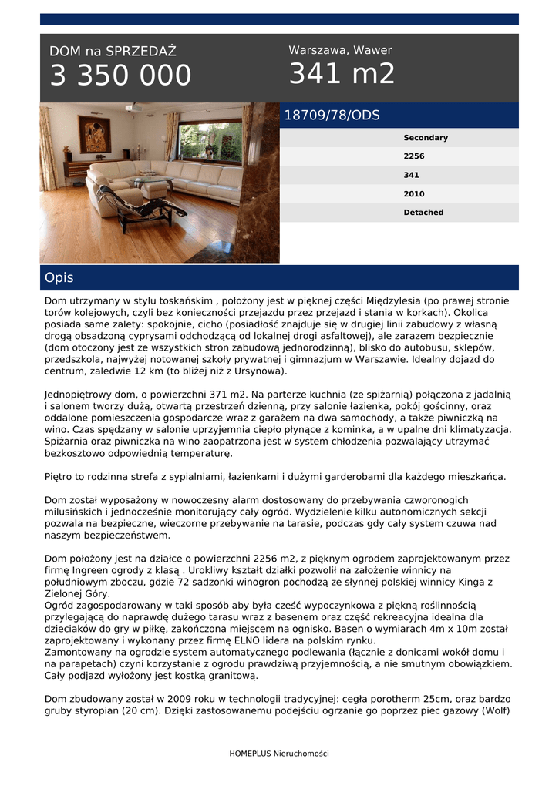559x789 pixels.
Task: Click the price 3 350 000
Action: click(x=120, y=76)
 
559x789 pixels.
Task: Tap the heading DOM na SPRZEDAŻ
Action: click(x=113, y=52)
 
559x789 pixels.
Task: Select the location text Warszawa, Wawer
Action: click(x=340, y=50)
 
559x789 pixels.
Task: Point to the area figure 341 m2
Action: click(x=342, y=74)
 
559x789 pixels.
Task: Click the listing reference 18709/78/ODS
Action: click(x=332, y=116)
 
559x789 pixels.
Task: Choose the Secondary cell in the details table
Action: click(x=426, y=138)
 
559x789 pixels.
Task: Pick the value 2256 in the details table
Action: click(x=414, y=156)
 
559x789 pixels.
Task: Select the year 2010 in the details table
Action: click(x=414, y=194)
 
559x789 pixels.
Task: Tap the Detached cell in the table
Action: click(x=423, y=213)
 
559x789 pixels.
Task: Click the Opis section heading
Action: click(x=59, y=278)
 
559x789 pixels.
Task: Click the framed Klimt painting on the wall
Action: click(x=94, y=134)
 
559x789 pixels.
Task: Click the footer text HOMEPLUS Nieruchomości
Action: click(x=279, y=754)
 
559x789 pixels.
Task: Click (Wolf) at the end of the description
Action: click(x=496, y=710)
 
